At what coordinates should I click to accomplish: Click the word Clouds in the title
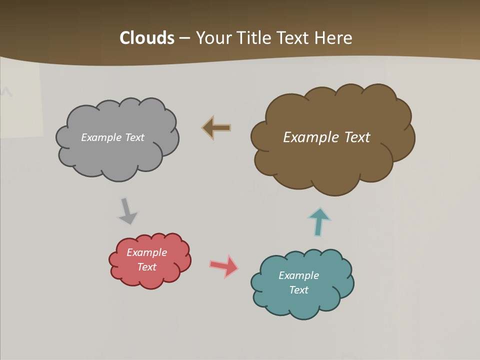click(146, 38)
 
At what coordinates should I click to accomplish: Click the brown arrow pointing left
click(216, 128)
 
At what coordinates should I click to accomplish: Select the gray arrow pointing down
click(127, 211)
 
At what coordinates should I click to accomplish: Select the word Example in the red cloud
click(146, 252)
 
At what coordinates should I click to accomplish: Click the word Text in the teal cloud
click(298, 290)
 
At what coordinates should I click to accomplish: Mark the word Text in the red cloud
click(146, 267)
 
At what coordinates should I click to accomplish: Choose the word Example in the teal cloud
click(298, 275)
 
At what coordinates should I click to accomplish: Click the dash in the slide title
click(184, 38)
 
